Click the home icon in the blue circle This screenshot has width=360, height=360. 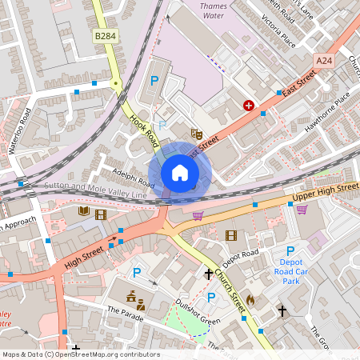pyautogui.click(x=180, y=173)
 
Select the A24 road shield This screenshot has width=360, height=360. pyautogui.click(x=323, y=61)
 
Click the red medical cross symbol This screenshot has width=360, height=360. pyautogui.click(x=249, y=105)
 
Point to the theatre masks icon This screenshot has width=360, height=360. pyautogui.click(x=196, y=134)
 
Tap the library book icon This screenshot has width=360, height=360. pyautogui.click(x=84, y=212)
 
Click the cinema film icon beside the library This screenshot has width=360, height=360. pyautogui.click(x=101, y=214)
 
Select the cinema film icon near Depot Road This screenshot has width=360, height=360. pyautogui.click(x=231, y=235)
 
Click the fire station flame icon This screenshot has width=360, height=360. pyautogui.click(x=250, y=300)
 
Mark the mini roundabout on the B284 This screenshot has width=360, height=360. pyautogui.click(x=115, y=83)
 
